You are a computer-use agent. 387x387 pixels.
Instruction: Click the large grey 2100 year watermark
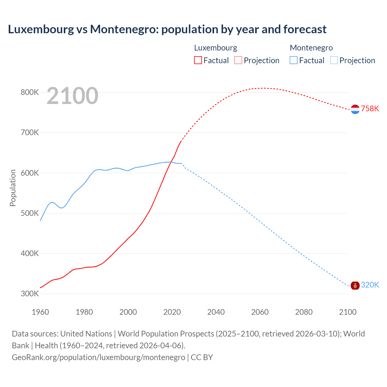73,96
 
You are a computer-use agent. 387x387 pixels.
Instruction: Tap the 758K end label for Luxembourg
370,109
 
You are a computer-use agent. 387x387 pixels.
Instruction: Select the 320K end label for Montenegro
370,285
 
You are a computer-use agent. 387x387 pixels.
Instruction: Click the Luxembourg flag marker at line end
355,109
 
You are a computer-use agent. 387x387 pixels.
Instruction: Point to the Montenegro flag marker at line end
355,285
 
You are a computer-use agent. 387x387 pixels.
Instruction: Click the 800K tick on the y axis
30,92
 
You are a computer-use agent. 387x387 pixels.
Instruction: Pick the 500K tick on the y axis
30,213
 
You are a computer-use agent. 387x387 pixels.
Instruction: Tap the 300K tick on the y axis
30,294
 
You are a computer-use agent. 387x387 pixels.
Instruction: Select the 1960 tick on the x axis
40,312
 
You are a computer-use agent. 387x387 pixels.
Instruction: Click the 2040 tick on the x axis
216,312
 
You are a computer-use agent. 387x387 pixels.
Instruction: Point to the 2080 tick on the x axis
304,312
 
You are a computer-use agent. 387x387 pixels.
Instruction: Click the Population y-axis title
13,188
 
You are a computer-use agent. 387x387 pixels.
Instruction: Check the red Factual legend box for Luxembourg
198,60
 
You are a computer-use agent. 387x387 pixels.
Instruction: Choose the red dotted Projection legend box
238,60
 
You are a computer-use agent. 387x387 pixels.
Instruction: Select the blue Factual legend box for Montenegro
294,60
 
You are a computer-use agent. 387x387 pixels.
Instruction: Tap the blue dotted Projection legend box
334,60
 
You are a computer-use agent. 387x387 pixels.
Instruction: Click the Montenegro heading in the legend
311,48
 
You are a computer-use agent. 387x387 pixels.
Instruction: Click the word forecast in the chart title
305,29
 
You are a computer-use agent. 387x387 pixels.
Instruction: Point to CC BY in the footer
202,357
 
